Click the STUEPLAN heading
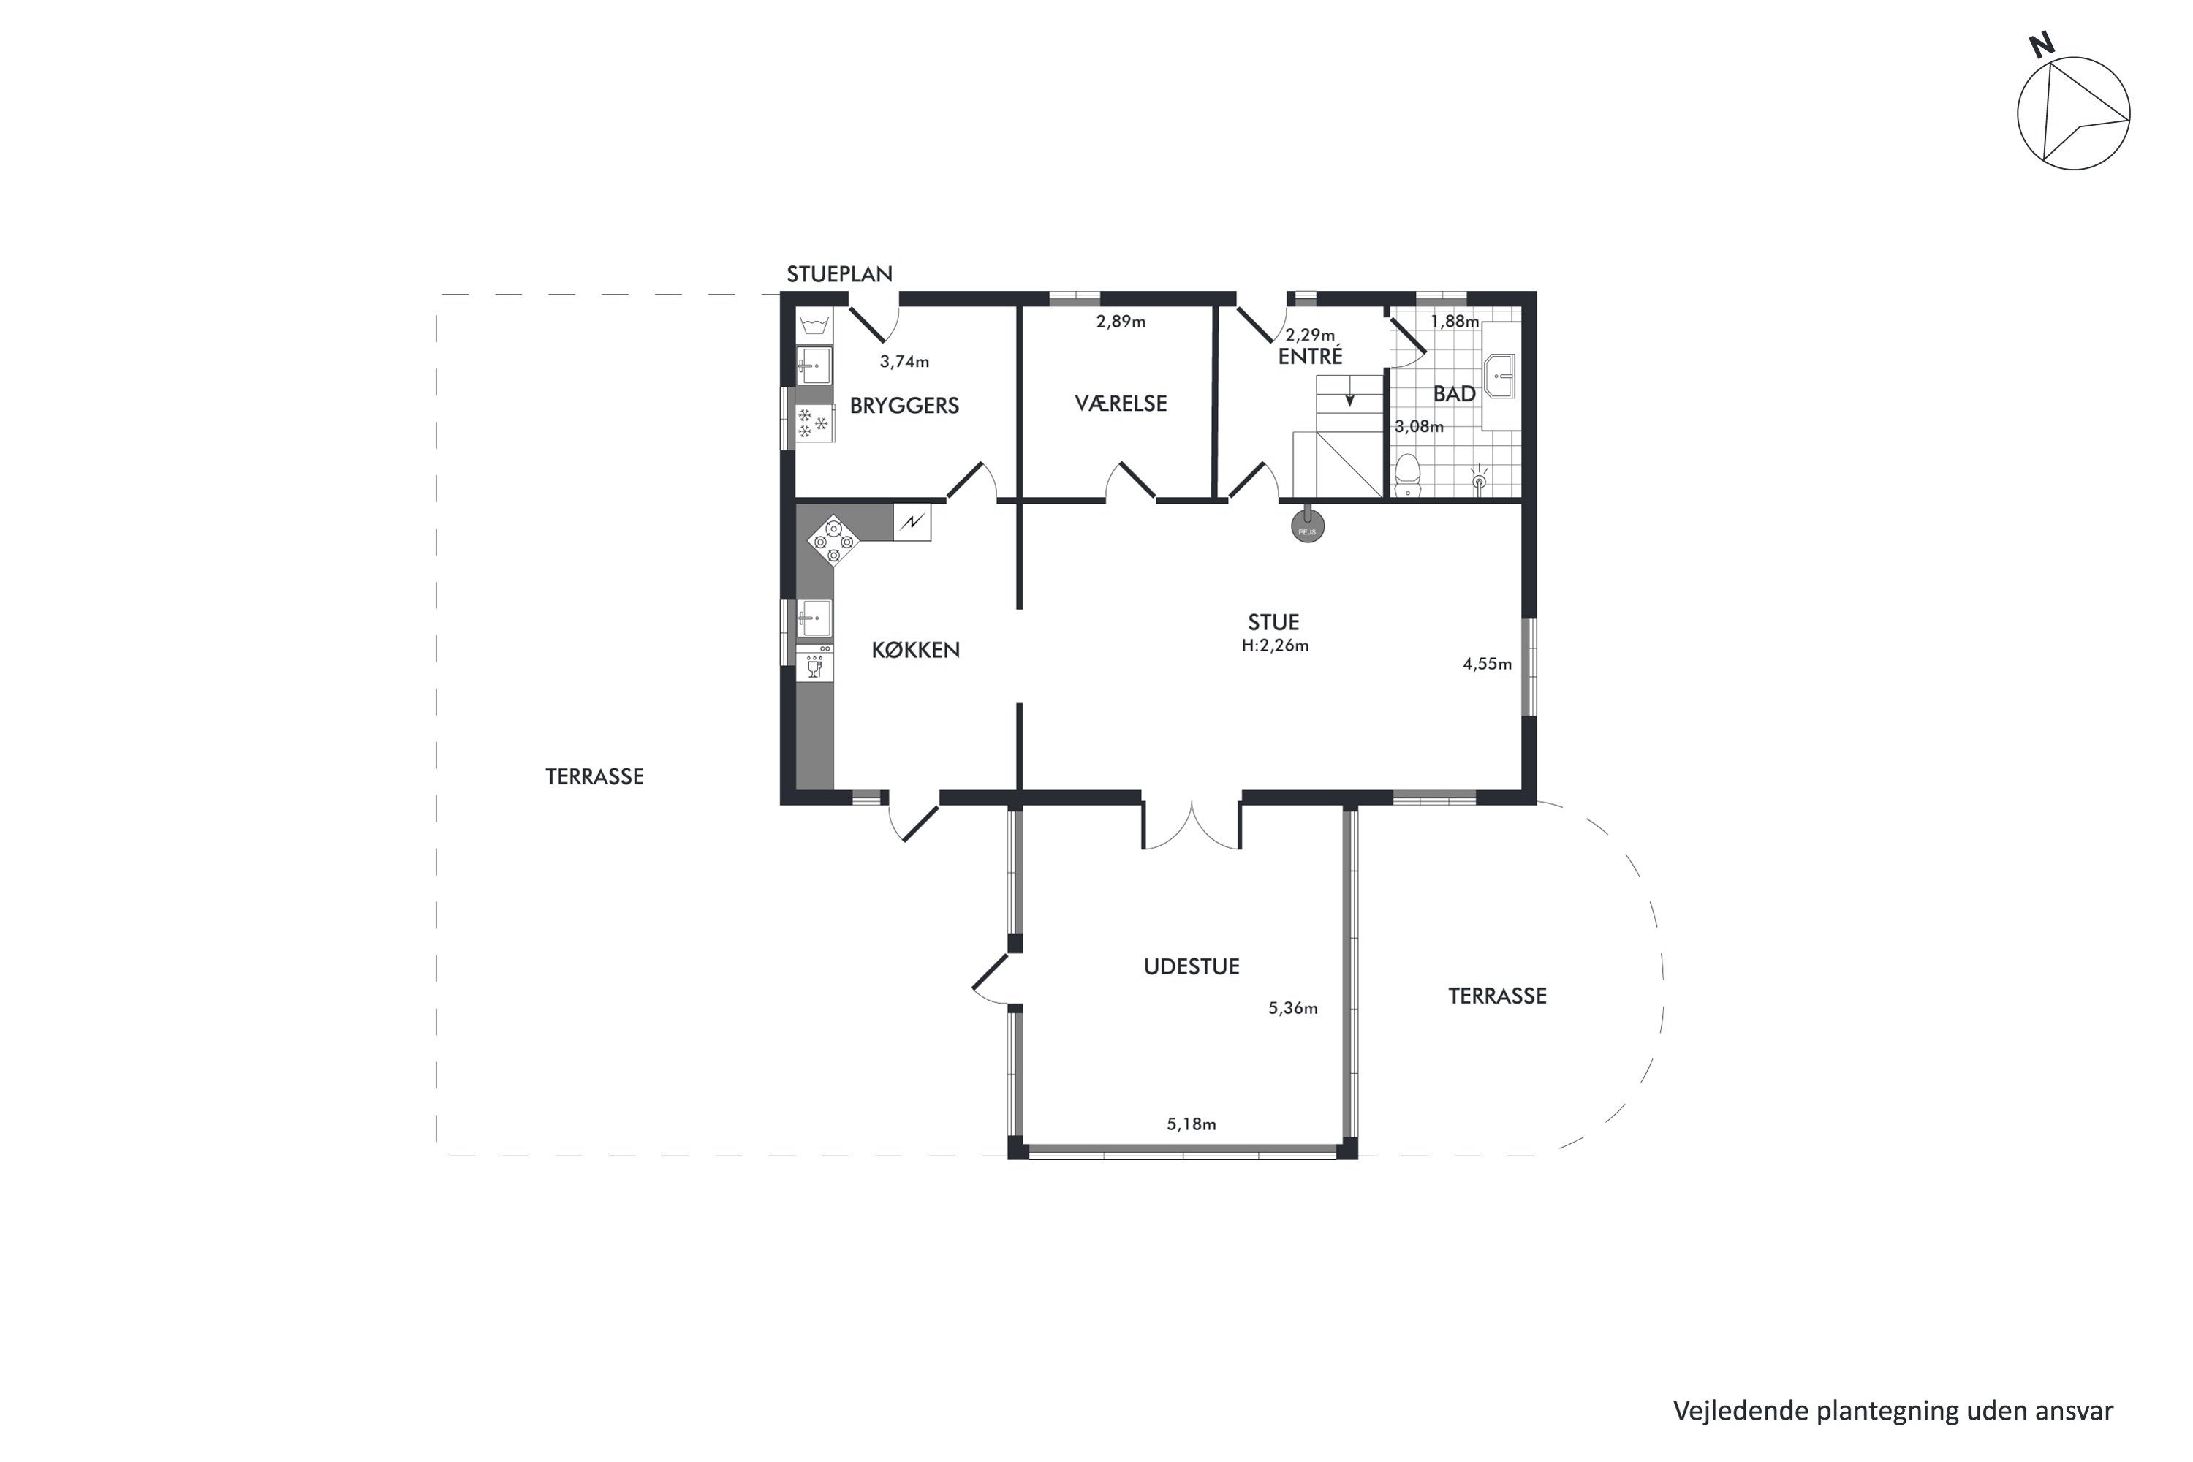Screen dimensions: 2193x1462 [839, 274]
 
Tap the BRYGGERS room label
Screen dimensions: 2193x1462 [904, 406]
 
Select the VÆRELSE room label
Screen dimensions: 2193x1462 [1121, 404]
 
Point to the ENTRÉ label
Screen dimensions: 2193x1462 [1310, 355]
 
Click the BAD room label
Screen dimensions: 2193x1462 [1455, 395]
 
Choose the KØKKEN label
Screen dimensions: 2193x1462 [916, 650]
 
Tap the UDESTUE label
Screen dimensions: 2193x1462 [1192, 967]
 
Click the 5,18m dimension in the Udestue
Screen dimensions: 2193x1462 [1192, 1124]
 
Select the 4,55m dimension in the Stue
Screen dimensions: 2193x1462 [1487, 664]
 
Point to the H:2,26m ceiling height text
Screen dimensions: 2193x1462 [1275, 645]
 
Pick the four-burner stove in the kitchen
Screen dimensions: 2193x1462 [833, 541]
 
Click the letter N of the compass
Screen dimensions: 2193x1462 [2042, 45]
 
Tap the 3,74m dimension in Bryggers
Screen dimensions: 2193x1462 [904, 362]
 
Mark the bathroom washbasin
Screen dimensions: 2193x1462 [1499, 376]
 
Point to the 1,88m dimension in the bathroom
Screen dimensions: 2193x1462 [1455, 322]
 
